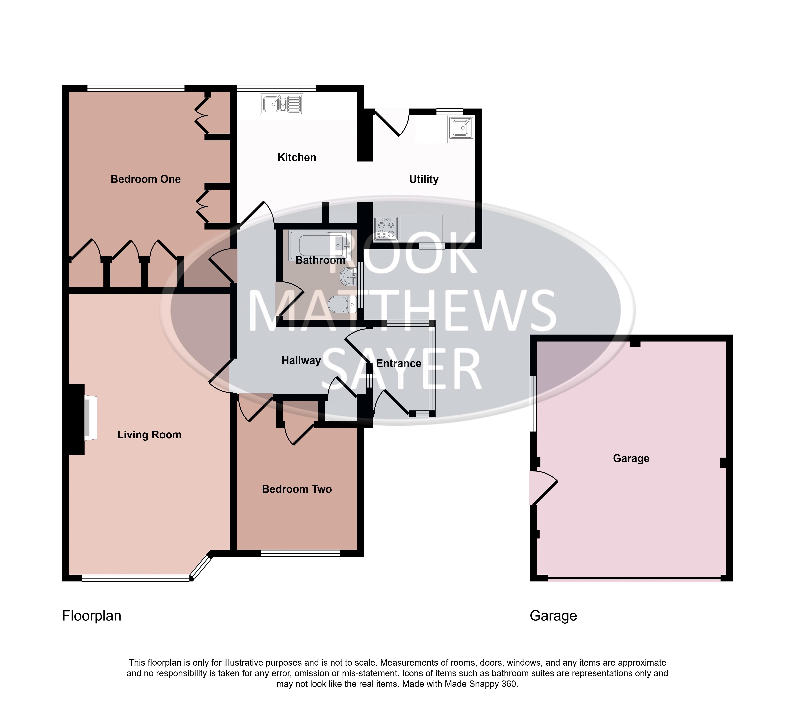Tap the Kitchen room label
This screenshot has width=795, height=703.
click(297, 157)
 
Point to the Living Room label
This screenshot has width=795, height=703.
click(149, 435)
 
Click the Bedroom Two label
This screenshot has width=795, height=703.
click(297, 489)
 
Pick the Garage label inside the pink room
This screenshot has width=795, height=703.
click(631, 458)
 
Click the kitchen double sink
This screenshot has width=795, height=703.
click(282, 104)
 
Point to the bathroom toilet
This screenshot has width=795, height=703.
click(342, 304)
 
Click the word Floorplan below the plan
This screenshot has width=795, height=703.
click(92, 616)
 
